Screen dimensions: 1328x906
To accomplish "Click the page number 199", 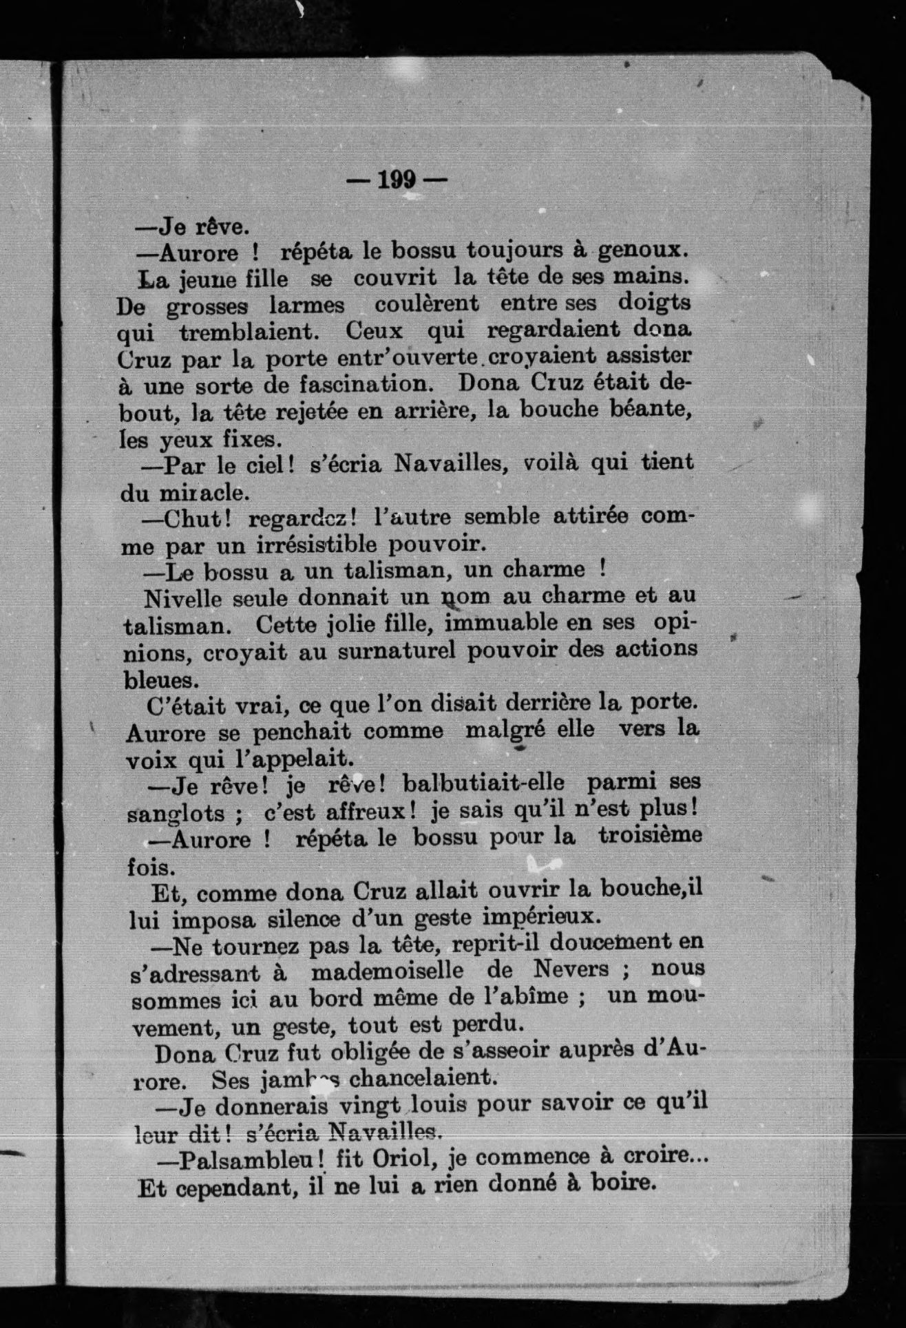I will (397, 180).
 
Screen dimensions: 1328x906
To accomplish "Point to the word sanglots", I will (176, 813).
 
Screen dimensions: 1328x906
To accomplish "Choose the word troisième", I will (650, 836).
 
